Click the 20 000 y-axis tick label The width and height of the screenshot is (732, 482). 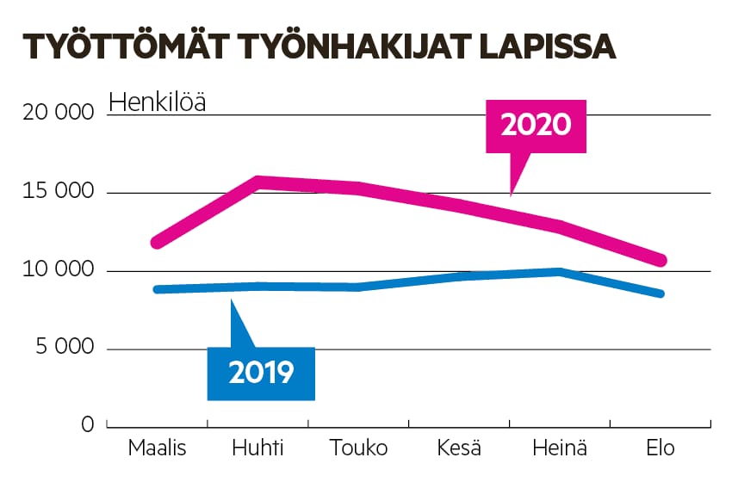pos(53,114)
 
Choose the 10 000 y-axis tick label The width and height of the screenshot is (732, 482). pos(53,271)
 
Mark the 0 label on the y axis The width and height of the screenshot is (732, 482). pos(87,425)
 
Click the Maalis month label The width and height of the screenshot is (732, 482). pos(157,448)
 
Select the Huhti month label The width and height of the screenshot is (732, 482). pos(257,448)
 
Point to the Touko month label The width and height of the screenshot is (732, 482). pos(358,448)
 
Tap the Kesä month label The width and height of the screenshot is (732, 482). pos(459,448)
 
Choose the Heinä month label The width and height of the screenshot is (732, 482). pos(560,448)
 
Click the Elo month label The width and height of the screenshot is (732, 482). pos(661,448)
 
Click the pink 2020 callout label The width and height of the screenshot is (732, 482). pos(536,126)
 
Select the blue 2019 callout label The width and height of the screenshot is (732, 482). pos(261,372)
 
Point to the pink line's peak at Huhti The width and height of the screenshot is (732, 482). pos(257,181)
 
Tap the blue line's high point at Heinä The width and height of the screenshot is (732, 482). pos(560,272)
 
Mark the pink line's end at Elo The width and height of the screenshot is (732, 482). pos(661,260)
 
